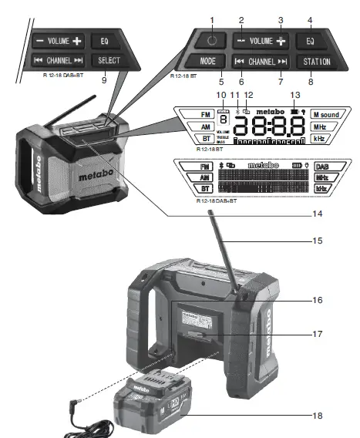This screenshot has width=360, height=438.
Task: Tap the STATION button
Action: click(316, 61)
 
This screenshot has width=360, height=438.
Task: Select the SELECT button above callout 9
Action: click(105, 60)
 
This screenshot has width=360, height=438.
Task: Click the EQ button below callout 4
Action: click(309, 40)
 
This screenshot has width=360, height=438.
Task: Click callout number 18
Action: click(318, 416)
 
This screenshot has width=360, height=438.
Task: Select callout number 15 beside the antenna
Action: click(318, 241)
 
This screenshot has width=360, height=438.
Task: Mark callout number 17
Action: click(318, 334)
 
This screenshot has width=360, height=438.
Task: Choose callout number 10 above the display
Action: click(221, 95)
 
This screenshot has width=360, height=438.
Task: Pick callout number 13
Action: click(293, 95)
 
